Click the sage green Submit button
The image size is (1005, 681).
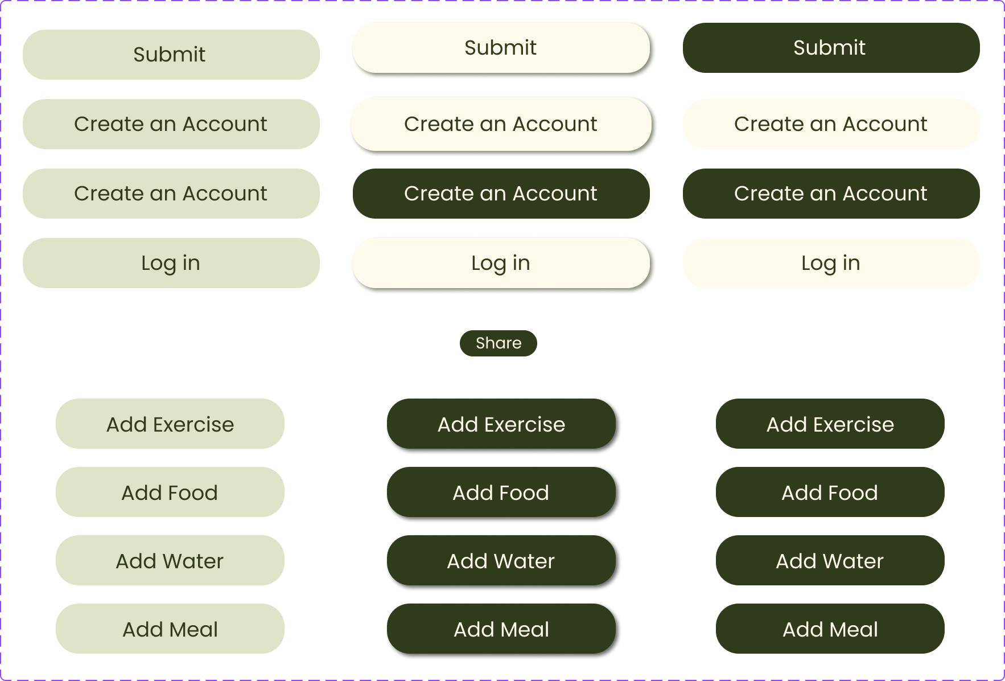[171, 55]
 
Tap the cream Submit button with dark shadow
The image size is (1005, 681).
[501, 48]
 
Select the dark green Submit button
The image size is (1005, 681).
[831, 48]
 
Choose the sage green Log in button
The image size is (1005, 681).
[171, 263]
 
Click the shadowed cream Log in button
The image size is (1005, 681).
[501, 263]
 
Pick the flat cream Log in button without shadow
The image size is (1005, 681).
[831, 263]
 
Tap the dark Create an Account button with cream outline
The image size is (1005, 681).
[501, 194]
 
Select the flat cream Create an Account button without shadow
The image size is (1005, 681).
[831, 124]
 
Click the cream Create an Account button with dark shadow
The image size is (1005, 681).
[501, 124]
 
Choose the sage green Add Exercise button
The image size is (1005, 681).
[170, 424]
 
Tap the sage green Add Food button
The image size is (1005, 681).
[170, 492]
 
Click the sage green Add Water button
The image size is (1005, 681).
[170, 560]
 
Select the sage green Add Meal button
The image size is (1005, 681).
[170, 629]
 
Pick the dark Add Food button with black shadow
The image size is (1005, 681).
[501, 492]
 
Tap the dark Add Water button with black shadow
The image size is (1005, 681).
[501, 560]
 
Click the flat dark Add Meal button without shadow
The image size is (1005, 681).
[830, 629]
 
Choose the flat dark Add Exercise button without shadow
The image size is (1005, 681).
[830, 424]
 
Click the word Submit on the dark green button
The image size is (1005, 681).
[829, 48]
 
